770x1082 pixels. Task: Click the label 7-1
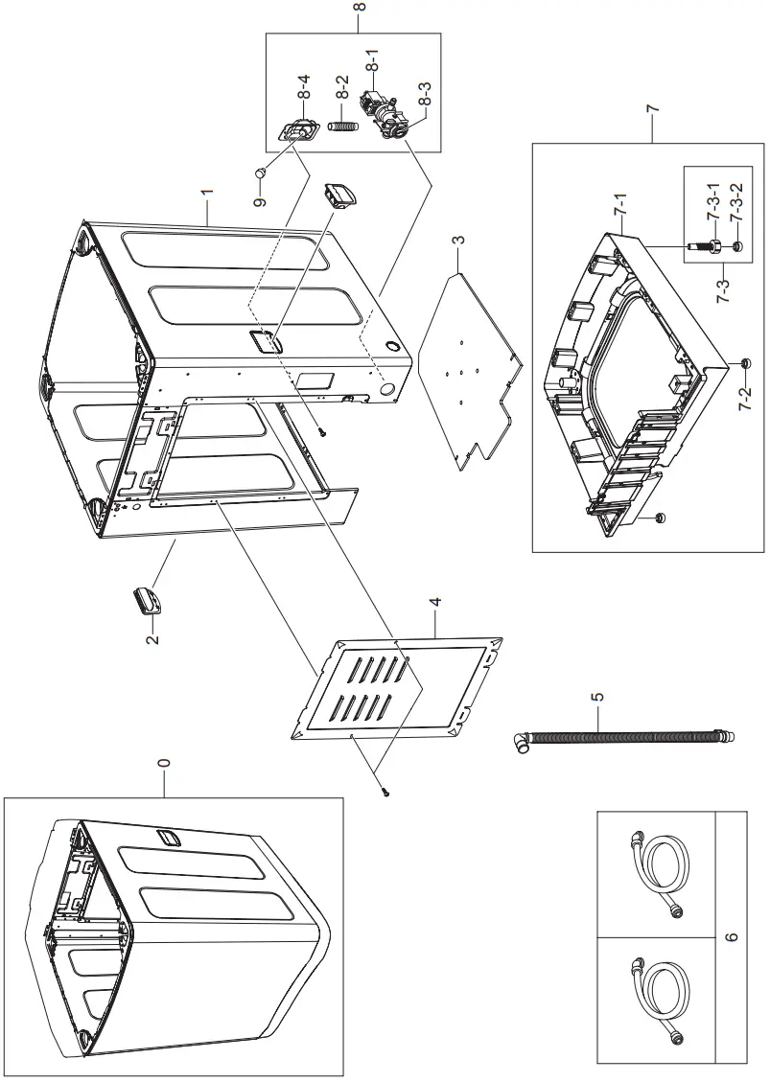(x=620, y=205)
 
